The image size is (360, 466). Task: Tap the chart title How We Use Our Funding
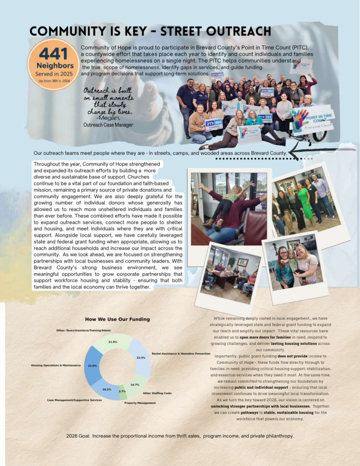[x=117, y=319]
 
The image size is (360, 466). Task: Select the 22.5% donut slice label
[x=141, y=358]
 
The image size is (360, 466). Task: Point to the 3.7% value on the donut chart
[x=122, y=391]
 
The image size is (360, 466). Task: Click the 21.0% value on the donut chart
[x=93, y=365]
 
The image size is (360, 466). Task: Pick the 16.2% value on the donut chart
[x=106, y=390]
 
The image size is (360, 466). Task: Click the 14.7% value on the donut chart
[x=135, y=385]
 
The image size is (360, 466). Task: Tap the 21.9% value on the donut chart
[x=113, y=342]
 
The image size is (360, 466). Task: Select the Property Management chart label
[x=140, y=403]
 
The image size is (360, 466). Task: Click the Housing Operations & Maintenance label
[x=56, y=365]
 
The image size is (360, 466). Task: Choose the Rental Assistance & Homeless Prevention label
[x=181, y=354]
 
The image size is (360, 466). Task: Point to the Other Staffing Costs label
[x=157, y=393]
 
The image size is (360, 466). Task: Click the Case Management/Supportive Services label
[x=75, y=400]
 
